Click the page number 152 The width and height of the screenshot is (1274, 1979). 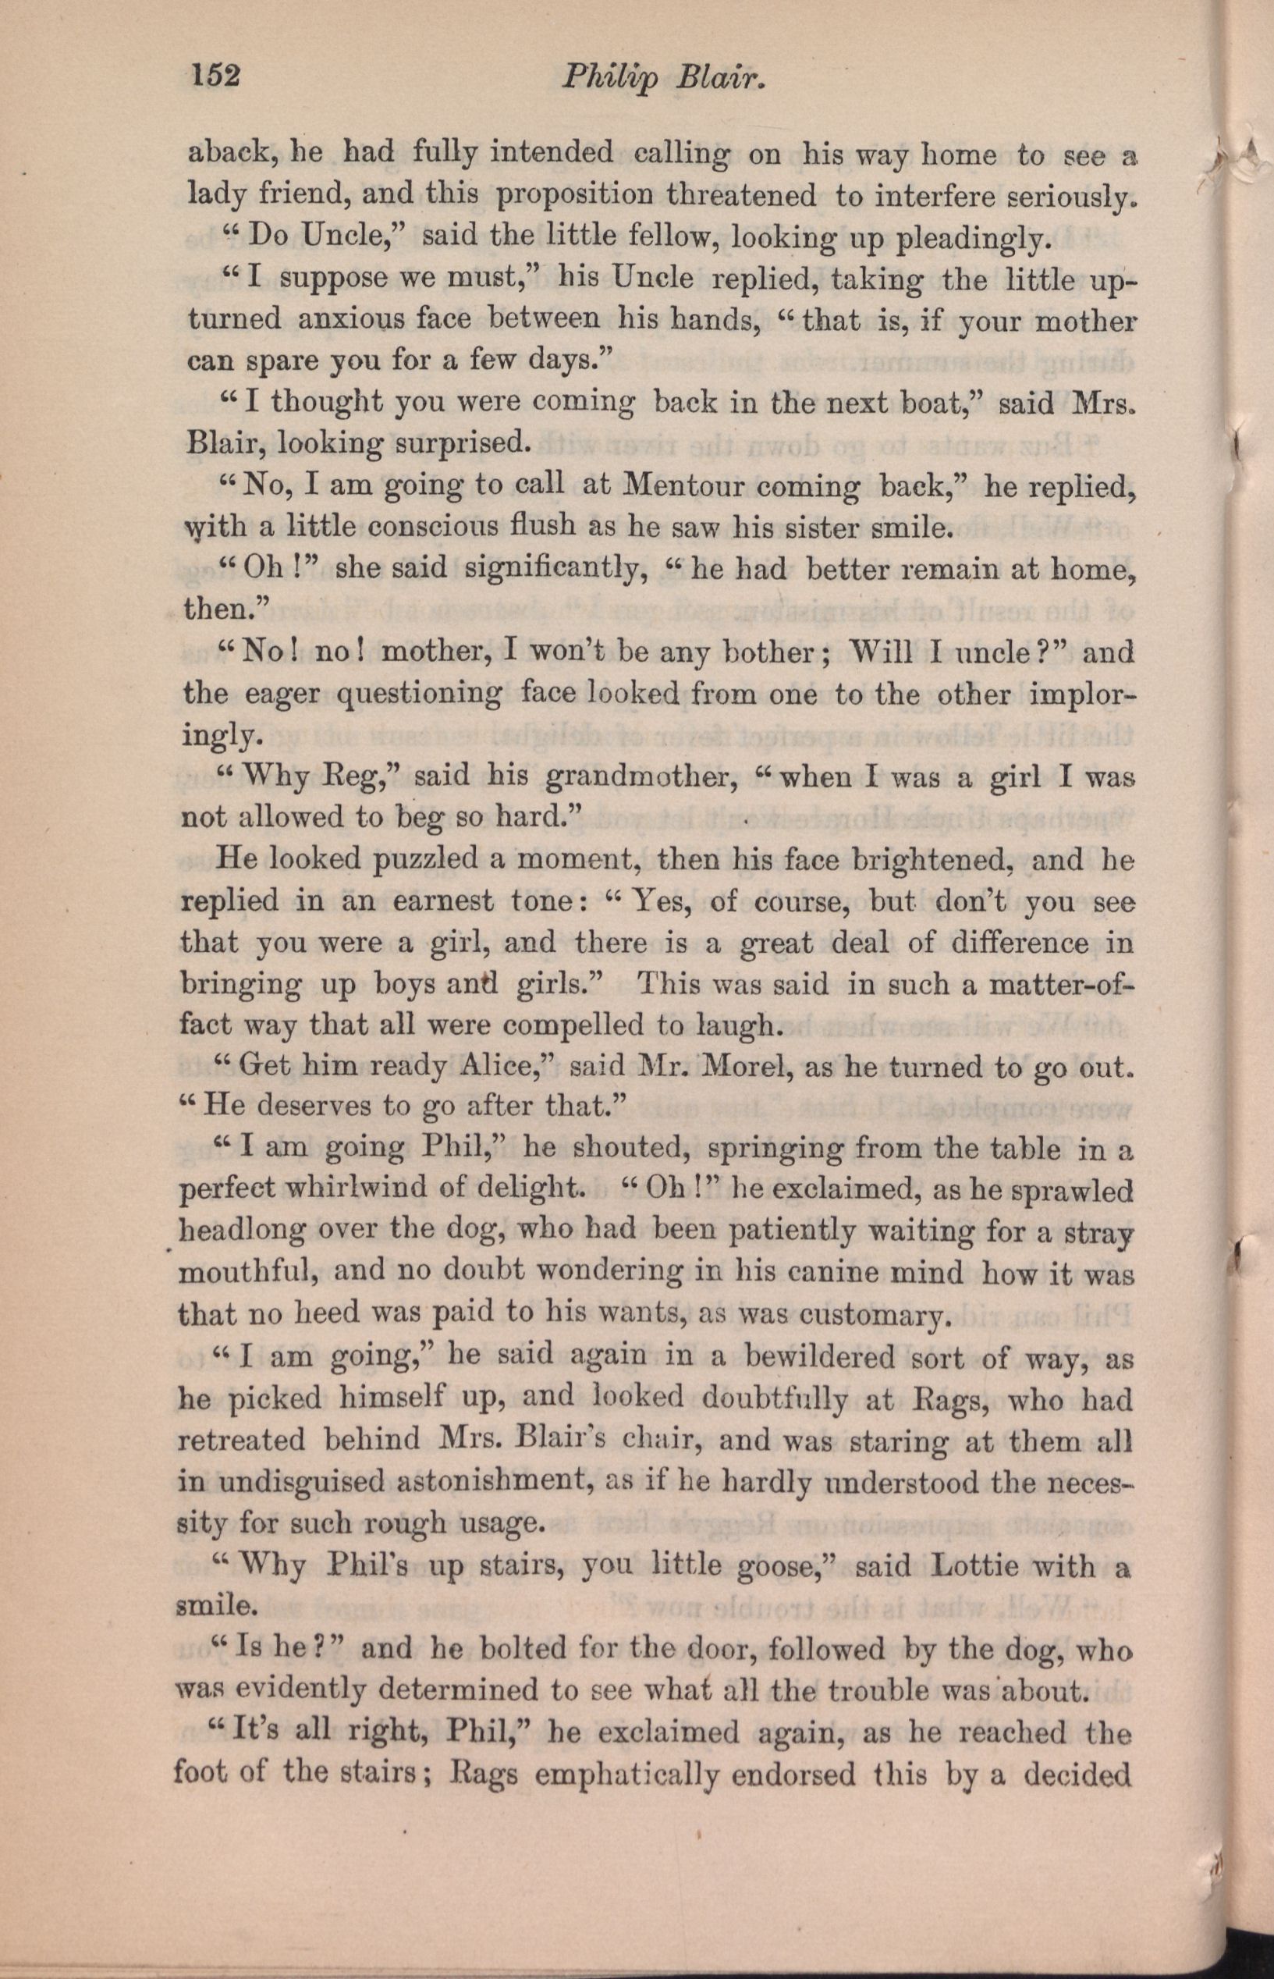click(x=215, y=76)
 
